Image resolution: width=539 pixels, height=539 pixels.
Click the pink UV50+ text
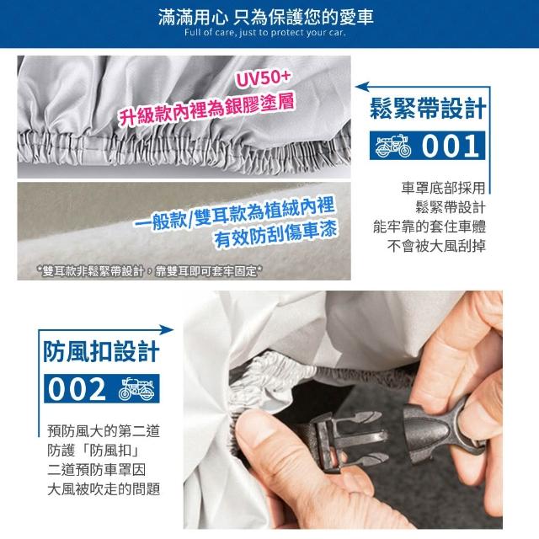(264, 79)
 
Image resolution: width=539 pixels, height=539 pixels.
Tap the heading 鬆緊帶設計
(428, 109)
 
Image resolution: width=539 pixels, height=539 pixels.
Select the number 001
(451, 146)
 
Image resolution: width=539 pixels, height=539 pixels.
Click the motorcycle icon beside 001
(393, 146)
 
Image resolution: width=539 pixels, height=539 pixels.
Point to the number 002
(77, 389)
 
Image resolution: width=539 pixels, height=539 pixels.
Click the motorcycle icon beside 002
(136, 389)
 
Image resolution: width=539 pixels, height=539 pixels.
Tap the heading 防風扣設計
(101, 351)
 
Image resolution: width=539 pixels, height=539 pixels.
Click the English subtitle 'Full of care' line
(264, 33)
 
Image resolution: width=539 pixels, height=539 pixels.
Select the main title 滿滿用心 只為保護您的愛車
(266, 17)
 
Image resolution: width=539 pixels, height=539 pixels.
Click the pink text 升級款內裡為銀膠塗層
(206, 109)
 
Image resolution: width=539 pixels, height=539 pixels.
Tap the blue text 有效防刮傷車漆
(275, 235)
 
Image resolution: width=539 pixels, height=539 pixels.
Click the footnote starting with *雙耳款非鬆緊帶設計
(150, 271)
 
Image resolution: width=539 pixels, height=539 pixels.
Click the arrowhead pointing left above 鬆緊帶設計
(362, 87)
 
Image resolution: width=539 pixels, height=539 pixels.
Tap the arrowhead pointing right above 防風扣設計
(167, 330)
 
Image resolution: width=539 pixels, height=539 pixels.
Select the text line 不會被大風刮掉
(436, 246)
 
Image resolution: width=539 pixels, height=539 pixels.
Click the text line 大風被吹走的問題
(104, 488)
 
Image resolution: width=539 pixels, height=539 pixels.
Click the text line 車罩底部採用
(443, 188)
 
